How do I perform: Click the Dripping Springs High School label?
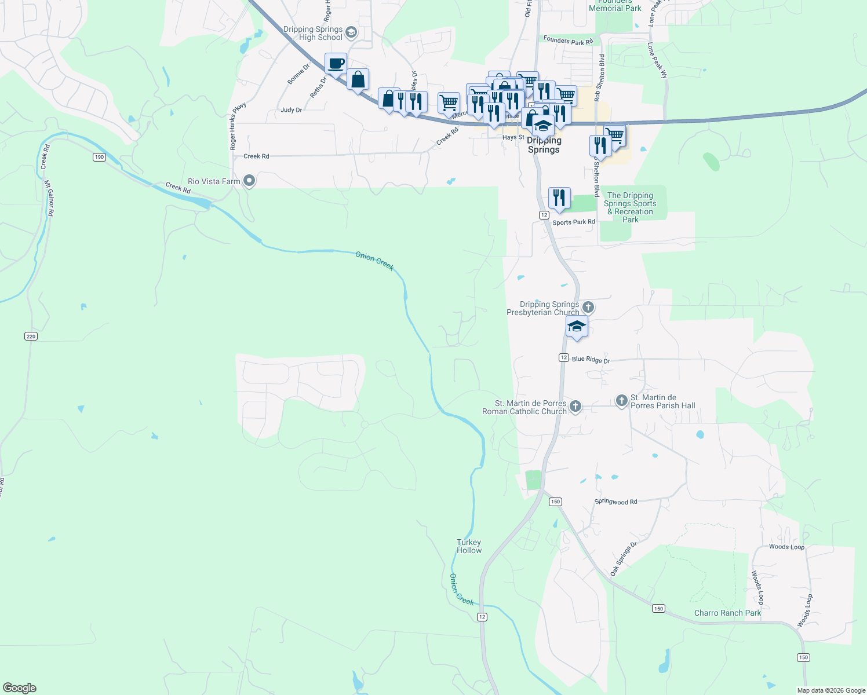pos(313,33)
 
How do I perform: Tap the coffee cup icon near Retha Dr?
pos(336,64)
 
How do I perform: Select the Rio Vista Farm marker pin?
pos(250,181)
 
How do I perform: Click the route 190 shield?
pos(99,157)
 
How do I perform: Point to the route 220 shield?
pos(31,336)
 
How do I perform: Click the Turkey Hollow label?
pos(469,546)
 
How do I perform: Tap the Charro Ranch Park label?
pos(727,613)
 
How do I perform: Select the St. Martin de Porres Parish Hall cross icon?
pos(621,400)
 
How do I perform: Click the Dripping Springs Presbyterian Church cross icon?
pos(588,307)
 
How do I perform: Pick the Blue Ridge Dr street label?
pos(591,360)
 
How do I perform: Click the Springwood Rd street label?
pos(615,502)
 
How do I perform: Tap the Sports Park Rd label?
pos(574,222)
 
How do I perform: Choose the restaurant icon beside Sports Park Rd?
pos(559,198)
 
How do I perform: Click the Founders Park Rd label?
pos(569,41)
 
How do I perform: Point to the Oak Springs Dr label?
pos(623,558)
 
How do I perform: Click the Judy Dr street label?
pos(291,109)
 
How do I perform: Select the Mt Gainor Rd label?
pos(50,198)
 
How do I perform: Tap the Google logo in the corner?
pos(20,688)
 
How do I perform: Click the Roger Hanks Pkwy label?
pos(238,126)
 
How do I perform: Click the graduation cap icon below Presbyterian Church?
pos(577,327)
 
